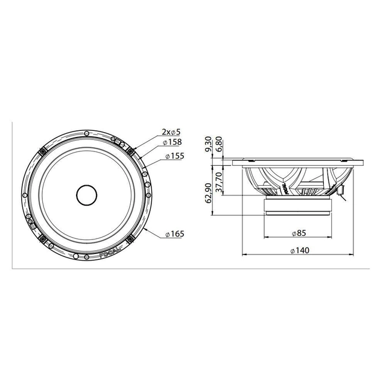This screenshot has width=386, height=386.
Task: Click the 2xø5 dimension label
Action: (x=171, y=131)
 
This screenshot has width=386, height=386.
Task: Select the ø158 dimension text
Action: (x=173, y=143)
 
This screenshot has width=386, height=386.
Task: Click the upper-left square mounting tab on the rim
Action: (x=42, y=150)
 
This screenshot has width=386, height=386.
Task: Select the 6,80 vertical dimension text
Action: (x=220, y=146)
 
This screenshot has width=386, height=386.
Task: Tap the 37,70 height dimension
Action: (x=220, y=180)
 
